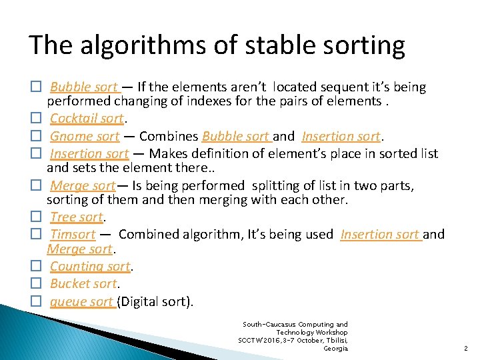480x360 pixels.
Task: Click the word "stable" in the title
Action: click(261, 45)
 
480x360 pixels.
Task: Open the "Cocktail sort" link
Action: click(87, 119)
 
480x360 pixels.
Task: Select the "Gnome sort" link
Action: click(85, 137)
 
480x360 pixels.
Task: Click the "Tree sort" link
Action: click(77, 217)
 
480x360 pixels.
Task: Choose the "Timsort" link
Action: click(73, 234)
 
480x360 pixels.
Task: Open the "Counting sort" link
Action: click(91, 267)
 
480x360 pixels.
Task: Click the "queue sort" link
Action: click(82, 302)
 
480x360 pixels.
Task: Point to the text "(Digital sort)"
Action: click(155, 302)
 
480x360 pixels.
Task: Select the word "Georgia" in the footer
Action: click(335, 348)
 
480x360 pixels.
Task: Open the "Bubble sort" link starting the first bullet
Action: click(84, 87)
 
